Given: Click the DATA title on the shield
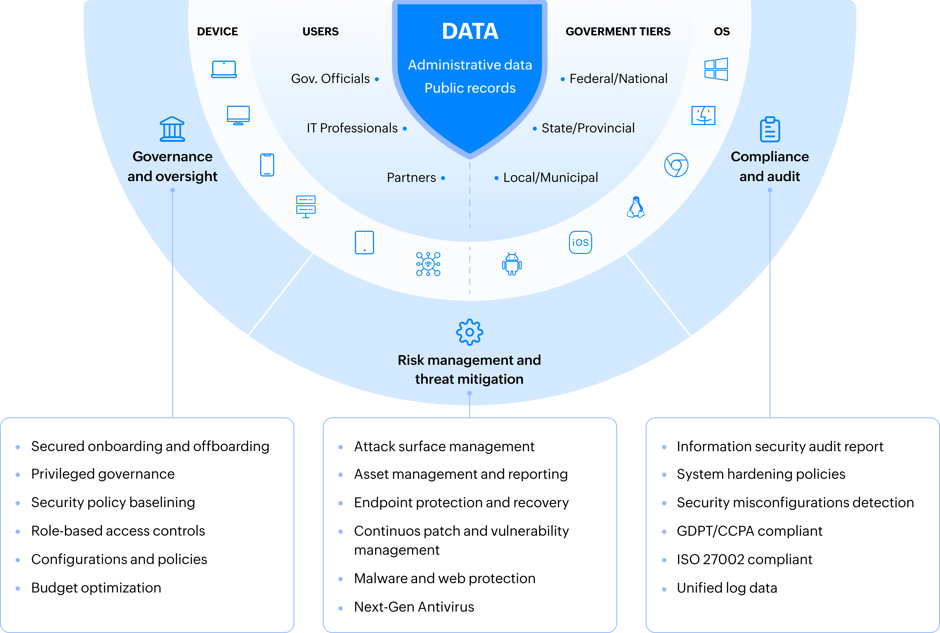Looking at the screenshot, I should click(x=470, y=31).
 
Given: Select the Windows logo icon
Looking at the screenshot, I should click(x=716, y=69).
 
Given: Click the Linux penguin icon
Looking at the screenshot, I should click(x=636, y=207).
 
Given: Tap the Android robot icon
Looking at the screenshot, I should click(x=512, y=264).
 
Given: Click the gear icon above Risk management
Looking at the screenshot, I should click(x=469, y=332).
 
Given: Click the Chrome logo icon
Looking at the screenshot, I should click(x=676, y=165).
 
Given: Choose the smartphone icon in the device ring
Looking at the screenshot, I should click(x=267, y=165).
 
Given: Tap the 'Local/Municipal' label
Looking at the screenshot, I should click(x=550, y=178).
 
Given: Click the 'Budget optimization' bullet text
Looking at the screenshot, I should click(x=96, y=588).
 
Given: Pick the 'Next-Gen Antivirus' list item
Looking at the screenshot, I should click(x=414, y=607).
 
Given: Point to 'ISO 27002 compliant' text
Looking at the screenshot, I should click(x=744, y=559).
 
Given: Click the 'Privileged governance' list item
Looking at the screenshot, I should click(x=103, y=474).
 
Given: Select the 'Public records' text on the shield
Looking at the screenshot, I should click(x=470, y=88).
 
